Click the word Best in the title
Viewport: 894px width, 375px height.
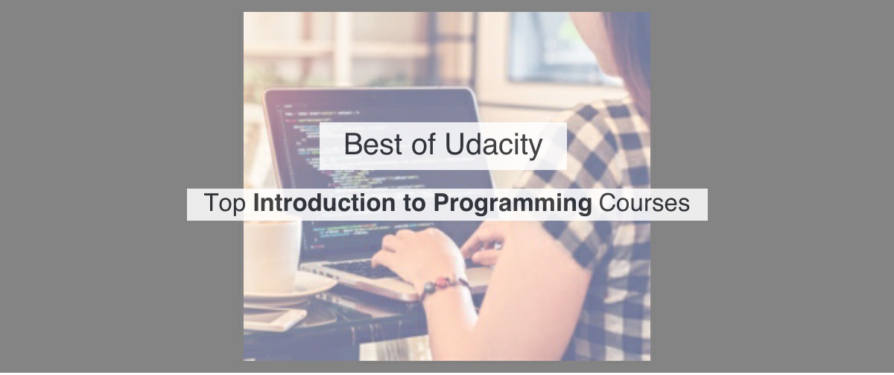tap(372, 145)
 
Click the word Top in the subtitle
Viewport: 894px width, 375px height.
tap(224, 204)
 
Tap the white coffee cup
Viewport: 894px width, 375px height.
tap(272, 253)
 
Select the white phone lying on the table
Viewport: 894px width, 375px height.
tap(273, 318)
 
